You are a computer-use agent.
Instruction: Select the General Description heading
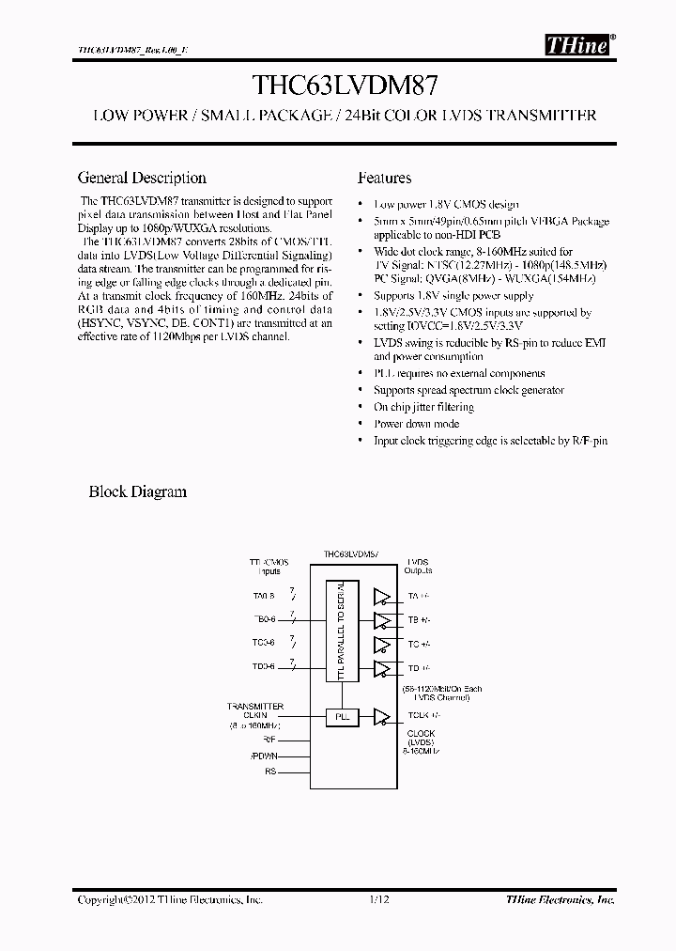point(142,178)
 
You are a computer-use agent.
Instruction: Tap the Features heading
point(384,178)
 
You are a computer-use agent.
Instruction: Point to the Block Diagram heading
point(137,491)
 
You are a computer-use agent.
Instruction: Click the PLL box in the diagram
point(342,716)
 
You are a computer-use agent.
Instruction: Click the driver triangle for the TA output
point(381,596)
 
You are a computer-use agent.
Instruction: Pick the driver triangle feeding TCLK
point(381,716)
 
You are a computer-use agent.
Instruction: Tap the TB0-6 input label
point(264,619)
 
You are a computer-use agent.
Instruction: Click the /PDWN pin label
point(264,755)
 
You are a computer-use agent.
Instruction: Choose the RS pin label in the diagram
point(270,772)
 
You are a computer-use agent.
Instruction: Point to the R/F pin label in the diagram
point(269,739)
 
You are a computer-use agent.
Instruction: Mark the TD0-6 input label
point(264,667)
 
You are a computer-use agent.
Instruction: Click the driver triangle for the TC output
point(381,645)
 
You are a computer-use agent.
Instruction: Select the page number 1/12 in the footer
point(378,899)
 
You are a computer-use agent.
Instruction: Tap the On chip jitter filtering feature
point(423,407)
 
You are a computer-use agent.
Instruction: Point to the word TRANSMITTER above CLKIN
point(255,706)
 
